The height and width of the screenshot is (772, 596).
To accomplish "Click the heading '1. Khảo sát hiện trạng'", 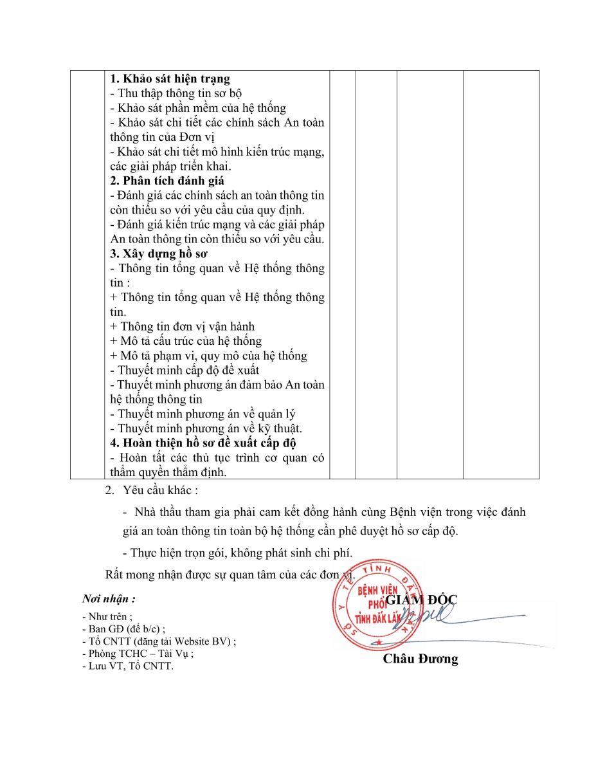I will [x=170, y=79].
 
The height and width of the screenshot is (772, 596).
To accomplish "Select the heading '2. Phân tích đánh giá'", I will [x=167, y=181].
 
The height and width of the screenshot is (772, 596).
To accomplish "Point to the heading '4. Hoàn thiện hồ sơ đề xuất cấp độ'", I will [x=203, y=443].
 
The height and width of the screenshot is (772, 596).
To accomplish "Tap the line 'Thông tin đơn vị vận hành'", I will [x=183, y=327].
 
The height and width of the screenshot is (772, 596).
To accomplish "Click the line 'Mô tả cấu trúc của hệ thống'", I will [x=186, y=341].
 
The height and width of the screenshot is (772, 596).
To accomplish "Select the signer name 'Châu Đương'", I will [x=420, y=659].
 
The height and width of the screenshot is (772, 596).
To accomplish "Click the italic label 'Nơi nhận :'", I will [x=109, y=599].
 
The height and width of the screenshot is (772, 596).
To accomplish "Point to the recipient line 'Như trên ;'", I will [x=107, y=616].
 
